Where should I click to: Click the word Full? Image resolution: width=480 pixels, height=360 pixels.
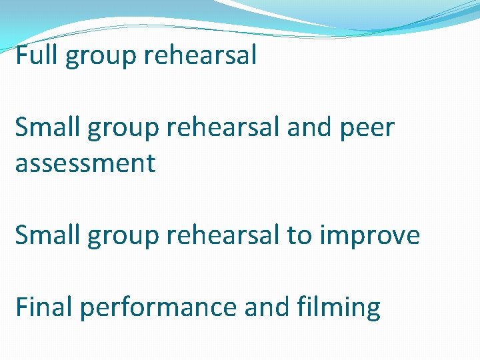click(x=37, y=55)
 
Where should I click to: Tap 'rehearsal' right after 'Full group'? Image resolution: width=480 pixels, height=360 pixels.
click(x=200, y=55)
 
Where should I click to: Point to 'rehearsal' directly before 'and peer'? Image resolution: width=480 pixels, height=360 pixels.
click(x=225, y=127)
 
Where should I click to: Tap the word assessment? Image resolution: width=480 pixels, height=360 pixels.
click(x=85, y=163)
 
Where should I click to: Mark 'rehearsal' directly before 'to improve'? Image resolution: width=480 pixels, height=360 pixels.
click(x=225, y=235)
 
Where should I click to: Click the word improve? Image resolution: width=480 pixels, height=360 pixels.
click(x=371, y=236)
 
